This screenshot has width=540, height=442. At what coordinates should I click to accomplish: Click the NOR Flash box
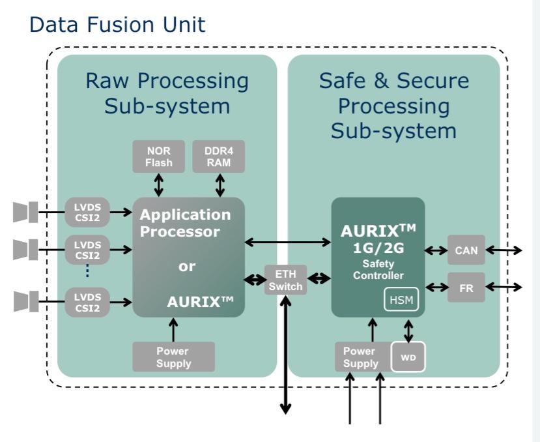[x=158, y=156]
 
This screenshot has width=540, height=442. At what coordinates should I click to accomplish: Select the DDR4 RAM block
[x=219, y=156]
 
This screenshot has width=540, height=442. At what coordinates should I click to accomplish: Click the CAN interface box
[x=466, y=250]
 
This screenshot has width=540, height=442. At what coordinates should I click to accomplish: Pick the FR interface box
[x=466, y=287]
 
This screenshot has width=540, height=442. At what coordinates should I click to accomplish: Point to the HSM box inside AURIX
[x=401, y=299]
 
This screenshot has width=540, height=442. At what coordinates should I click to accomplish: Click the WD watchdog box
[x=408, y=357]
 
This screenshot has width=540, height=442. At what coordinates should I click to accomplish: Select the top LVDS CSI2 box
[x=87, y=211]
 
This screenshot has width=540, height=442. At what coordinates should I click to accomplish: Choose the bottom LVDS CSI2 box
[x=87, y=302]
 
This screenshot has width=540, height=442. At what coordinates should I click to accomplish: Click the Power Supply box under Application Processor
[x=173, y=357]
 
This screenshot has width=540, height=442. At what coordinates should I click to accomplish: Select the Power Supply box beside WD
[x=361, y=357]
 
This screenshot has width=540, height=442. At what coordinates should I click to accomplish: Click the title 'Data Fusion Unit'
[x=117, y=25]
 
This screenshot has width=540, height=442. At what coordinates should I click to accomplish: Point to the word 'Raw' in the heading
[x=107, y=81]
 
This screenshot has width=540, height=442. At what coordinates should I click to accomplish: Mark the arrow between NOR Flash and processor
[x=158, y=185]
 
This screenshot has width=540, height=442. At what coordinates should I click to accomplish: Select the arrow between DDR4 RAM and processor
[x=220, y=185]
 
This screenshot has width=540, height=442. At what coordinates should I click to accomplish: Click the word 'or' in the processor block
[x=187, y=267]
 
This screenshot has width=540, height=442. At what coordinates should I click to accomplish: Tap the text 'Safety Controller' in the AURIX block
[x=378, y=269]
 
